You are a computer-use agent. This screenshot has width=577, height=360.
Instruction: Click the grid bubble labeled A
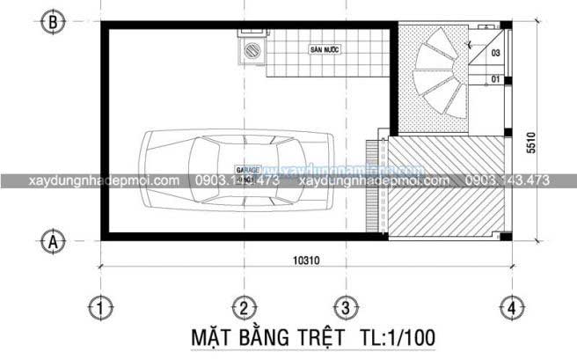[55, 239]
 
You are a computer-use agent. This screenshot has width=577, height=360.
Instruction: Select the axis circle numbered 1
[103, 307]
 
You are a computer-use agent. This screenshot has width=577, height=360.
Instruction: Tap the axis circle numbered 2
[244, 307]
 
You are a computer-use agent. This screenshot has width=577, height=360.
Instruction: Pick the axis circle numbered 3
[346, 307]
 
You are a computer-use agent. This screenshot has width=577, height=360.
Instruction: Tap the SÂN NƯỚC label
[325, 50]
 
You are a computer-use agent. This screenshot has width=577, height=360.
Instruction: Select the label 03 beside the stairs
[496, 54]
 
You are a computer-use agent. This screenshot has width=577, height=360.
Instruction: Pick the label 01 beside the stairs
[496, 80]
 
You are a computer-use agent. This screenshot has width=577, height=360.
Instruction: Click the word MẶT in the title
[214, 338]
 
